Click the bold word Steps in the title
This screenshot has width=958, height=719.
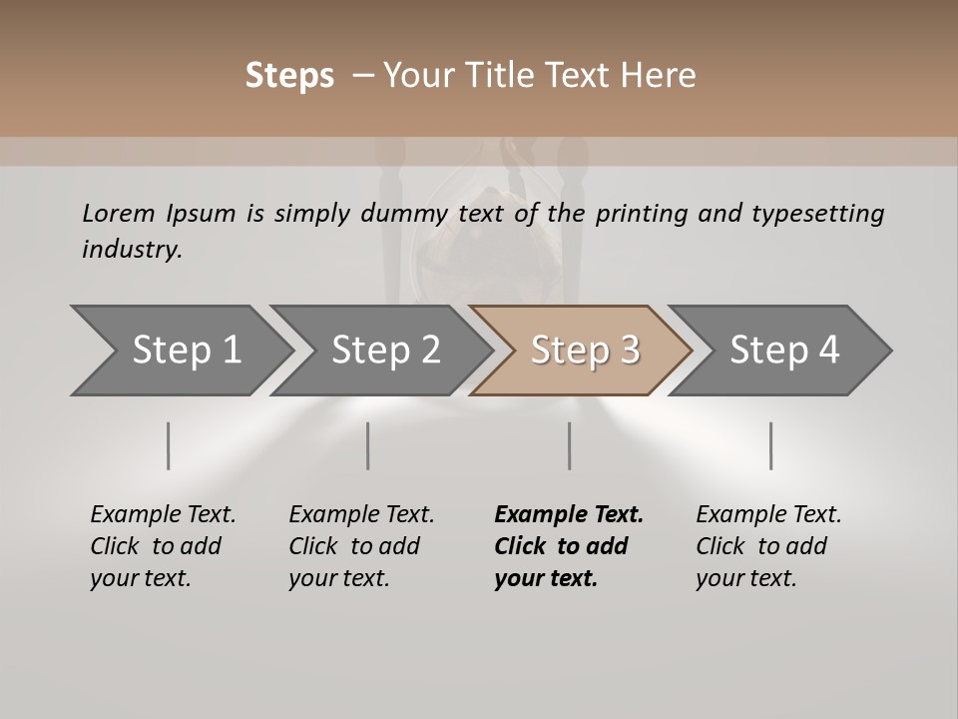pyautogui.click(x=289, y=76)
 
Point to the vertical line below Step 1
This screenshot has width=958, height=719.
pyautogui.click(x=169, y=445)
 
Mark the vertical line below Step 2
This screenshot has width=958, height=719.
pyautogui.click(x=368, y=445)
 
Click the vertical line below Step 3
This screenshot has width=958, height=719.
pyautogui.click(x=569, y=445)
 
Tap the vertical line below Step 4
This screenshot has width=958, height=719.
pyautogui.click(x=770, y=445)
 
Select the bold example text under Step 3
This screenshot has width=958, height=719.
pyautogui.click(x=568, y=546)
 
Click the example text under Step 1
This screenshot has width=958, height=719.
pyautogui.click(x=163, y=546)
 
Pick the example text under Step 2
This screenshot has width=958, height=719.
pyautogui.click(x=361, y=546)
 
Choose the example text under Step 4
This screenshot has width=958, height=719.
pyautogui.click(x=768, y=546)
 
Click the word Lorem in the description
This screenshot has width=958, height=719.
pyautogui.click(x=119, y=213)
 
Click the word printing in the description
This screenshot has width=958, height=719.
pyautogui.click(x=640, y=214)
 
